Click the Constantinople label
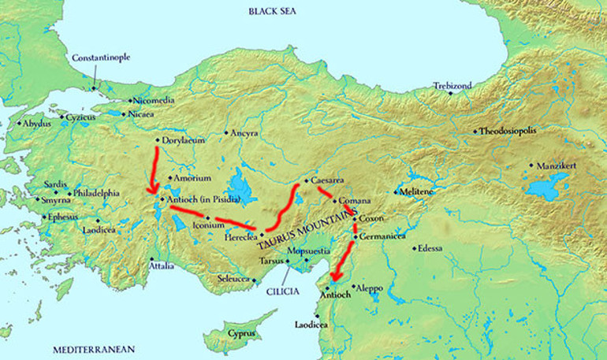click(101, 58)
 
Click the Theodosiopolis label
click(513, 131)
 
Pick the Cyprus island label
click(241, 333)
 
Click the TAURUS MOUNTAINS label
click(303, 231)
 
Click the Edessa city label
click(430, 249)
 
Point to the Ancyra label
click(244, 133)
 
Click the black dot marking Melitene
click(396, 192)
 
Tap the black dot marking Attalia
click(151, 258)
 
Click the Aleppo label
click(370, 288)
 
